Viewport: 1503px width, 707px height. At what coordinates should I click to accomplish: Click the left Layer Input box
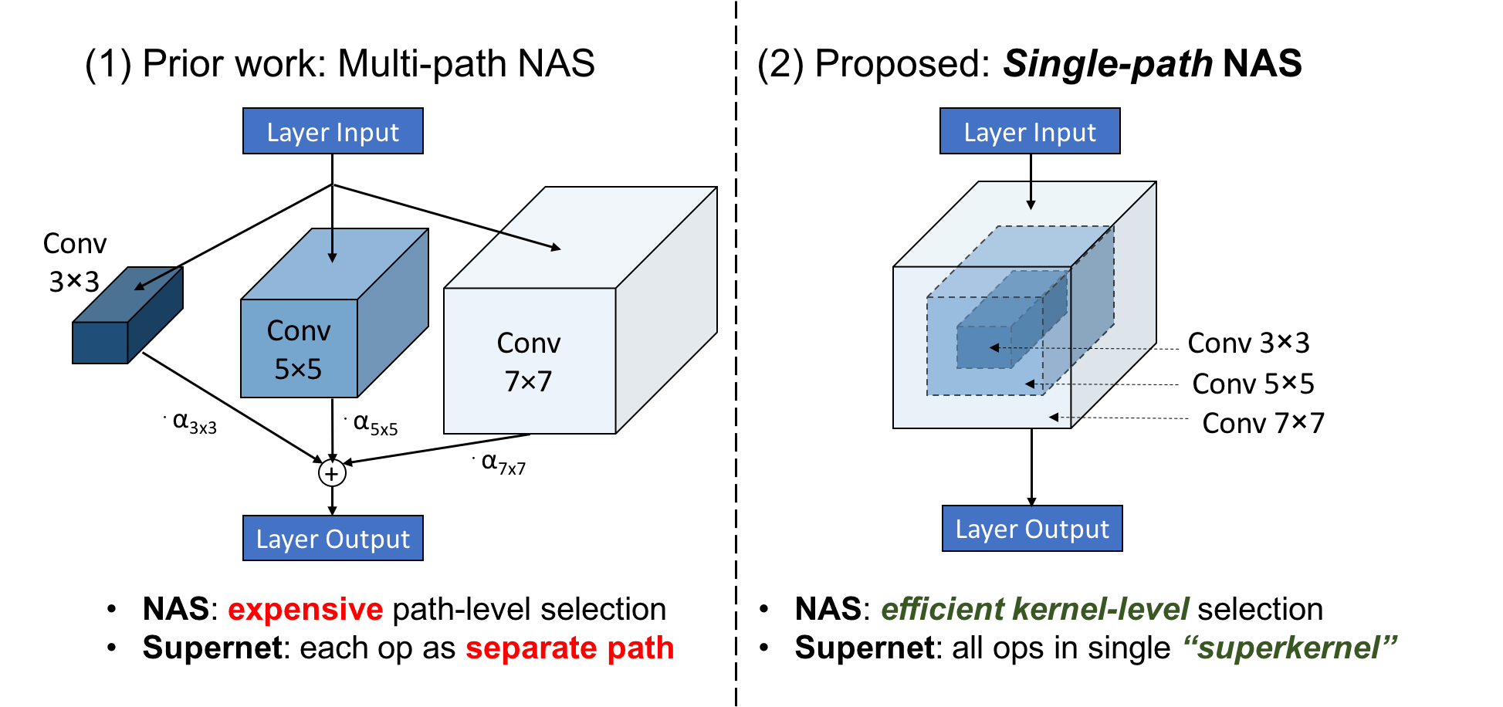(333, 131)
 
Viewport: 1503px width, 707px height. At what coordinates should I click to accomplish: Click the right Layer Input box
(1029, 131)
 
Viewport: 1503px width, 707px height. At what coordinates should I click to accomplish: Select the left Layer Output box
(333, 538)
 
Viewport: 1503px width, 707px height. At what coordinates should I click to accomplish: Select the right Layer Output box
(1031, 528)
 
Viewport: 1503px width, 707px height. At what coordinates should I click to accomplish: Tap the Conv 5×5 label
(298, 350)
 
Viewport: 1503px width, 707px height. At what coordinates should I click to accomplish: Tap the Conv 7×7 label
(528, 362)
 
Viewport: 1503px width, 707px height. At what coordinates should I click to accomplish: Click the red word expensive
(305, 610)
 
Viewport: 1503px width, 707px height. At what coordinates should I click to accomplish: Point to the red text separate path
(569, 648)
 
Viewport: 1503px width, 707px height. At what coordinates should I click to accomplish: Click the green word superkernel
(1289, 648)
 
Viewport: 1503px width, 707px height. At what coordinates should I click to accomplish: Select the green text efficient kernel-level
(1034, 609)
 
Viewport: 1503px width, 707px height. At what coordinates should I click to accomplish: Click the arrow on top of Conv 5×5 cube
(332, 246)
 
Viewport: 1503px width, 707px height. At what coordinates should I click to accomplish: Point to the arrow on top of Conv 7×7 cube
(531, 240)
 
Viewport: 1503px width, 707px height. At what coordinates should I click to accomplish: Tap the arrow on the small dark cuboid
(154, 279)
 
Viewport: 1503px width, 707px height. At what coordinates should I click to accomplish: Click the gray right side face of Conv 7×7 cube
(666, 324)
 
